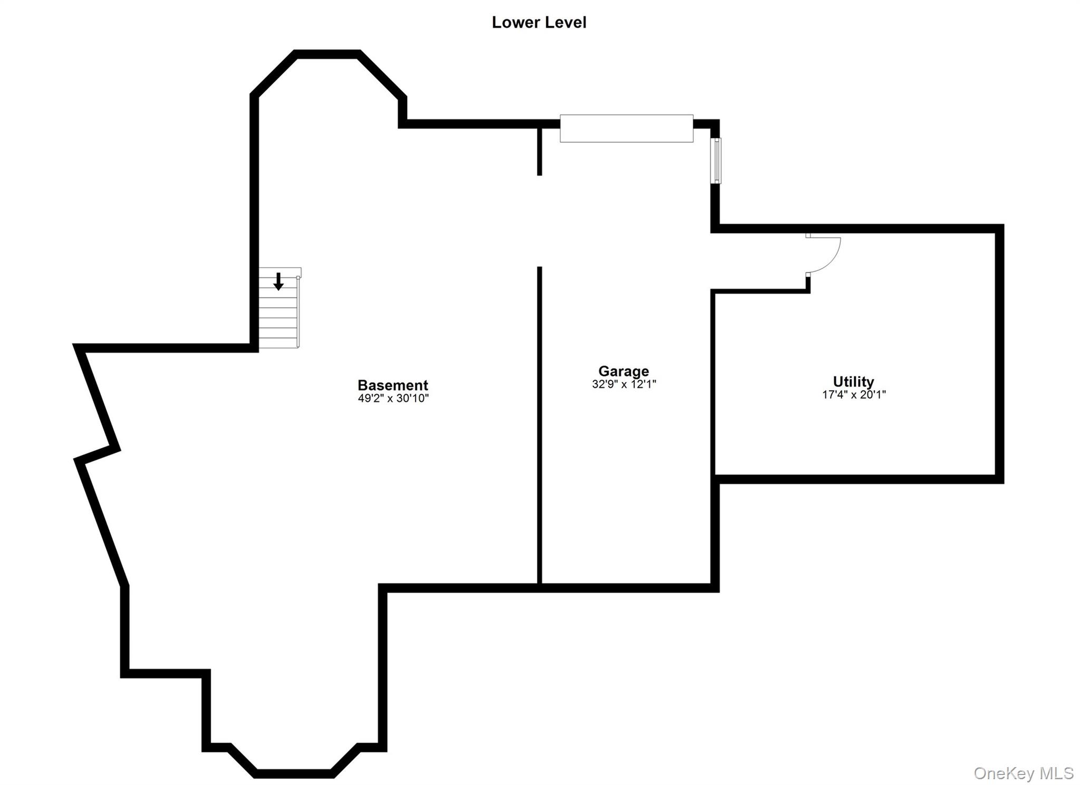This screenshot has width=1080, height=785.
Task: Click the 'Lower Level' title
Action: click(x=539, y=23)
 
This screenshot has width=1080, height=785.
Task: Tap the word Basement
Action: click(x=393, y=385)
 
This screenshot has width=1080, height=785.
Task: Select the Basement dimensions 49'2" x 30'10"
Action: click(x=393, y=399)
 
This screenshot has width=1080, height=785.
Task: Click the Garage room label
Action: click(x=623, y=372)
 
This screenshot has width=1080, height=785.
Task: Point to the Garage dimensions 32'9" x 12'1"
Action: click(x=624, y=384)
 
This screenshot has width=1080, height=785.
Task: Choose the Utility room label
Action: click(x=853, y=381)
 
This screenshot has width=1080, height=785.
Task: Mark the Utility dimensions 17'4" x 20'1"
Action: click(x=854, y=394)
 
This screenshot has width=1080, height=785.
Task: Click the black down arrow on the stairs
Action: click(x=278, y=282)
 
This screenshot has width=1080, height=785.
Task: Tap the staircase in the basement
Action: click(x=279, y=308)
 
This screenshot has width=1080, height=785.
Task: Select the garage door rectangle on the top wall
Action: click(x=626, y=128)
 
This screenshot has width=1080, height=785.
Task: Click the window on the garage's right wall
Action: click(x=716, y=161)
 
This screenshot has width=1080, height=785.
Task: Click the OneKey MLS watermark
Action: click(x=1023, y=773)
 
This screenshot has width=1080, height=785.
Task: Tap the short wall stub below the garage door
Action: click(x=539, y=151)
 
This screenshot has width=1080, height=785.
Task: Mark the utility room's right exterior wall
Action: click(x=999, y=354)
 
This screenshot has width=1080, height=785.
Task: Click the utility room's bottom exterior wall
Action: click(x=858, y=479)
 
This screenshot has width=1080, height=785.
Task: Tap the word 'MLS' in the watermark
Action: click(x=1056, y=773)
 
